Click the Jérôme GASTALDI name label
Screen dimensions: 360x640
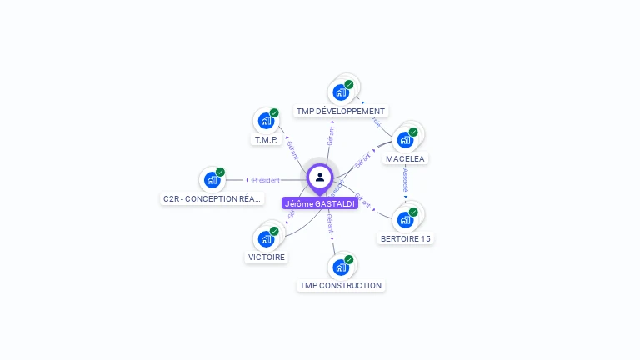point(320,203)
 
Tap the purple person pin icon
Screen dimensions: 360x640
point(320,177)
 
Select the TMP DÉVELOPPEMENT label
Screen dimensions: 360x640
point(341,111)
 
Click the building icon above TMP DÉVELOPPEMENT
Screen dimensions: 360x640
point(341,92)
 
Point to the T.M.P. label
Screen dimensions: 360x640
point(265,139)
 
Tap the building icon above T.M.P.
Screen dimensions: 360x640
point(266,120)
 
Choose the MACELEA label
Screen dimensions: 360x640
point(405,158)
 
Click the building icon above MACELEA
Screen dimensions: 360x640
point(406,139)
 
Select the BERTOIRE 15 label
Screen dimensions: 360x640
point(406,238)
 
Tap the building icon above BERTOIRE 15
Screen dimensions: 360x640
point(406,219)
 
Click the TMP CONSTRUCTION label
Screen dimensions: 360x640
point(341,285)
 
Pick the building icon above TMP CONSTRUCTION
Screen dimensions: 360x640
point(341,267)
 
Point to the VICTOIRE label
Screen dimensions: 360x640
point(267,257)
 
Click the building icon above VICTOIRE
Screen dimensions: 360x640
point(266,238)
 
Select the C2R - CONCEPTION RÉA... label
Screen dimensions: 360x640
point(212,198)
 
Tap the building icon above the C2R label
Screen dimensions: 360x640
point(212,179)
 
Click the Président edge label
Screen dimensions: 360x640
point(267,180)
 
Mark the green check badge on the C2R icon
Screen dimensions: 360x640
point(220,172)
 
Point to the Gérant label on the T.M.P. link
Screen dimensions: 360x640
point(292,150)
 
